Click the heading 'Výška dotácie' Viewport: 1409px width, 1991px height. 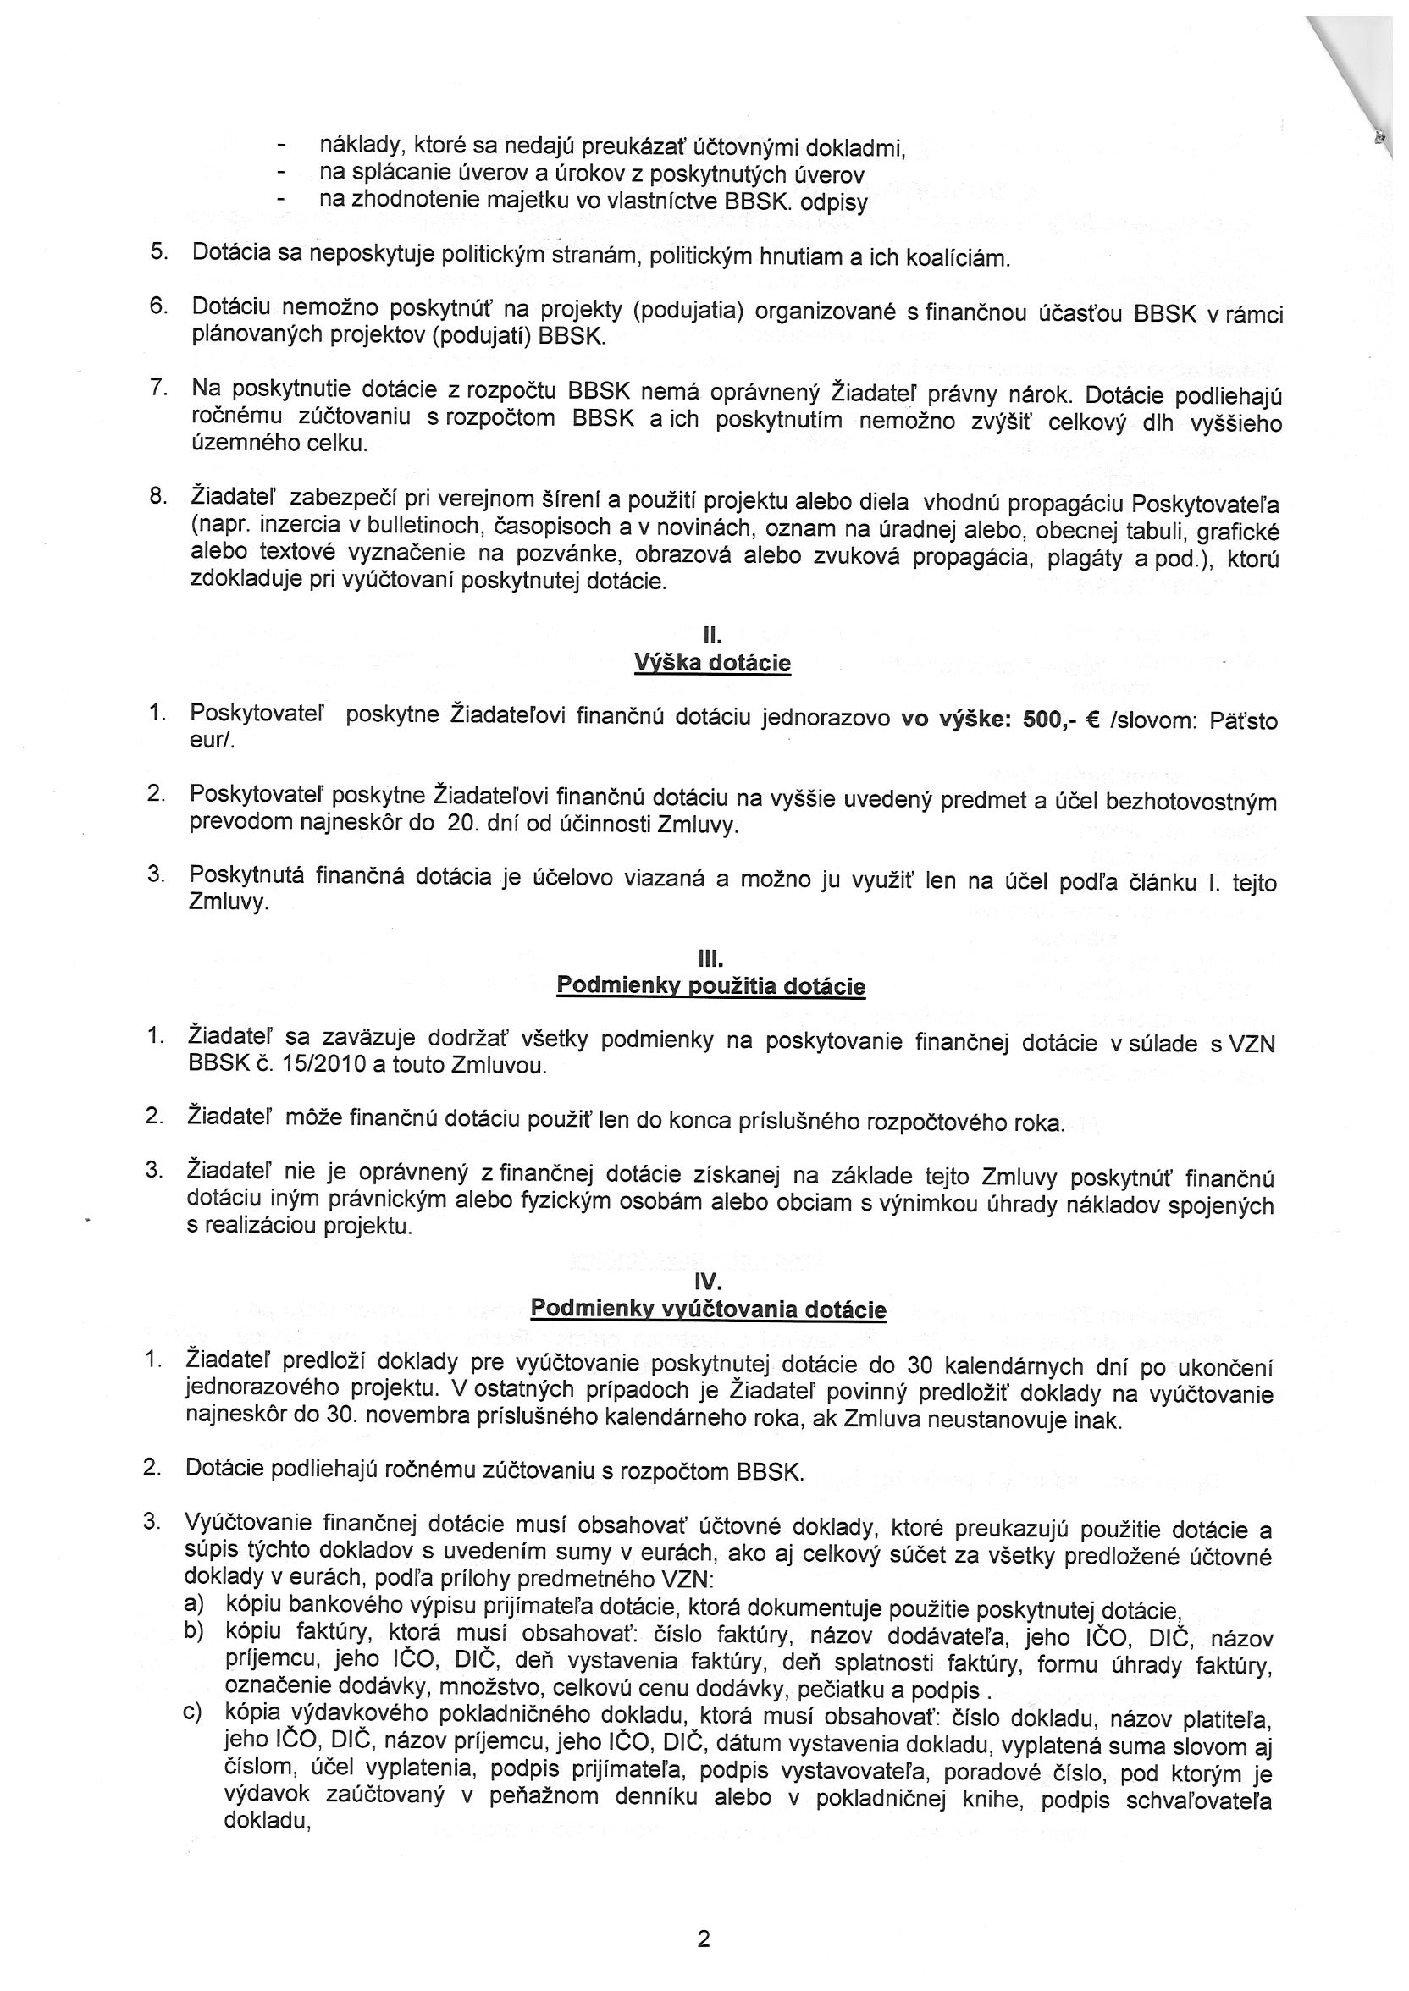pyautogui.click(x=712, y=664)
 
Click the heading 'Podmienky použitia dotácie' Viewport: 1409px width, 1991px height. pyautogui.click(x=710, y=986)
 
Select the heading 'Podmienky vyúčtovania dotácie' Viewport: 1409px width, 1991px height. pyautogui.click(x=708, y=1309)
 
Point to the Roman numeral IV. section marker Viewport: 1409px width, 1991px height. pyautogui.click(x=709, y=1281)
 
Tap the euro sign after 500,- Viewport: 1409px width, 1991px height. pyautogui.click(x=1093, y=720)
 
